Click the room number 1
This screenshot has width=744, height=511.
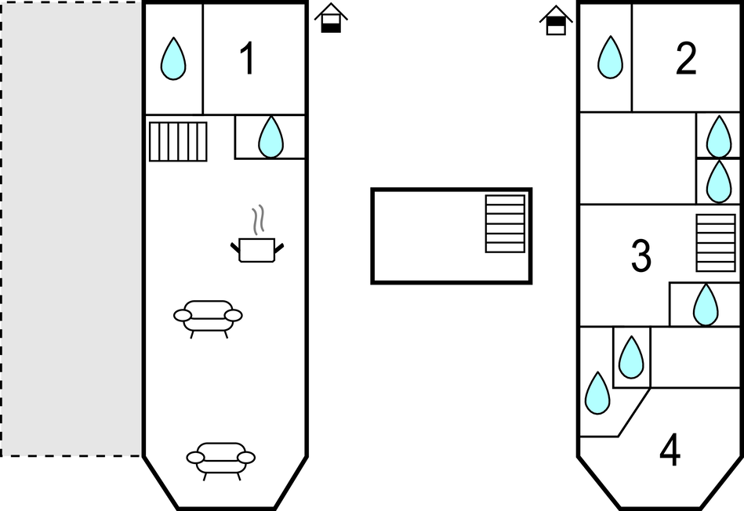tap(247, 59)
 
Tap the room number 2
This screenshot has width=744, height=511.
tap(686, 59)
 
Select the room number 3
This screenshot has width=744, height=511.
tap(641, 256)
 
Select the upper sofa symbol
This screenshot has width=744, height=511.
tap(208, 317)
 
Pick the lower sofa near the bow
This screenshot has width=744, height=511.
tap(220, 458)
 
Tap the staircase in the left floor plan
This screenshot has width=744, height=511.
tap(178, 141)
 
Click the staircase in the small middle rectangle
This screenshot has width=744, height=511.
tap(505, 223)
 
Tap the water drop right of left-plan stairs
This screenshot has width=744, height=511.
tap(270, 137)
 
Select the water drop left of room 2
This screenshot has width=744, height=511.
tap(610, 58)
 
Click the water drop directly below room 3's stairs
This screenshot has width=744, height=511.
tap(706, 305)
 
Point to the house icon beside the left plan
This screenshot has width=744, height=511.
tap(332, 18)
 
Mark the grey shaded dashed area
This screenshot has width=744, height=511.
tap(71, 227)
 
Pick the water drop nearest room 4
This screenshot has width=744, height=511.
tap(597, 393)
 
